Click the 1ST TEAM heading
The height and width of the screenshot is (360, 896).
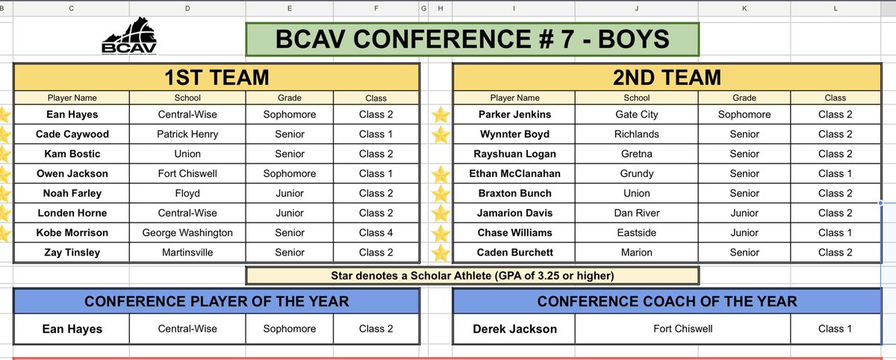pos(217,77)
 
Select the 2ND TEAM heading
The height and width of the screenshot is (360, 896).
pos(667,77)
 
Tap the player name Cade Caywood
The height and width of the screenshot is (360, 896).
pos(72,134)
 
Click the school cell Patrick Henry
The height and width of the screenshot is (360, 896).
pos(187,134)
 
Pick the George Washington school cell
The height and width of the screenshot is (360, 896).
pos(187,232)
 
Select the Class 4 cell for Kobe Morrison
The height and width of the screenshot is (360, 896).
pos(376,232)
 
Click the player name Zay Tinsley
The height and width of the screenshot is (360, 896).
pos(72,252)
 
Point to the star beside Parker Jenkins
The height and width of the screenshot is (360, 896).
pos(441,115)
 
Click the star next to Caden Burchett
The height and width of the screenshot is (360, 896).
pos(441,252)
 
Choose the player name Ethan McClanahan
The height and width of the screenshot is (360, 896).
pos(514,173)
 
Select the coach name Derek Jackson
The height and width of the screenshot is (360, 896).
pos(514,329)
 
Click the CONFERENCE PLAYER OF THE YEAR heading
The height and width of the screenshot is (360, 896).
pos(217,302)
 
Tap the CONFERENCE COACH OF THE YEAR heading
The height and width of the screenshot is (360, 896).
pos(667,302)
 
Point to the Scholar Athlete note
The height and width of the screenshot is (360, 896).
pos(473,276)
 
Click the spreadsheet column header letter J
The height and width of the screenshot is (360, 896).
pos(636,8)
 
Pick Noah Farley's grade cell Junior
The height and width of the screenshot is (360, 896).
pos(290,193)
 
